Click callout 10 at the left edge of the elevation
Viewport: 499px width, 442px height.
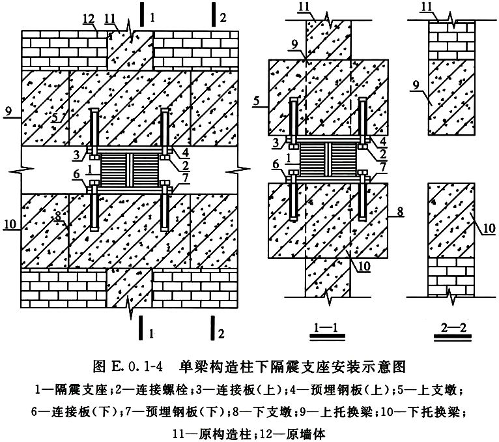[x=10, y=224]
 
